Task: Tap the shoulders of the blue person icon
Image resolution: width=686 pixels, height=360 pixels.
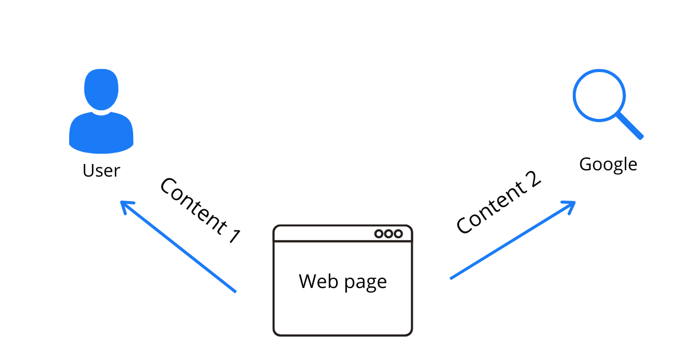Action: (101, 134)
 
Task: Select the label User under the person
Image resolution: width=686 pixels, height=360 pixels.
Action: (101, 170)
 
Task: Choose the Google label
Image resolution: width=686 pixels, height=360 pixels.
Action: (608, 165)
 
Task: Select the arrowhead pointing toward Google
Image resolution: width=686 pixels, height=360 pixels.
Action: (570, 204)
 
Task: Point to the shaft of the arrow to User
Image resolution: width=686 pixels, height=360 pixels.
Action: (183, 250)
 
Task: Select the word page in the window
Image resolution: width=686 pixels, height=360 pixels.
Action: (364, 282)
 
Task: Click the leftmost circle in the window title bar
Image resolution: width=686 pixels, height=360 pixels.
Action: (379, 234)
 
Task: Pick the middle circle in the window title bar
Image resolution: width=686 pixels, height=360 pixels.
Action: (389, 234)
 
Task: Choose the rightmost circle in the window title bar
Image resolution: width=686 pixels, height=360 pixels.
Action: (398, 234)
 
